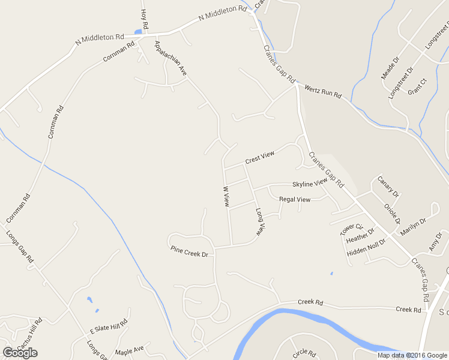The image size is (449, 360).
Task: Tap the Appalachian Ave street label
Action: (171, 58)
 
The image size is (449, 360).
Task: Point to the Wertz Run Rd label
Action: (323, 91)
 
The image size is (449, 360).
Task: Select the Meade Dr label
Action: (390, 68)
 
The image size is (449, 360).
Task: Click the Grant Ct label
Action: (417, 87)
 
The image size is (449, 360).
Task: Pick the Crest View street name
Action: (259, 158)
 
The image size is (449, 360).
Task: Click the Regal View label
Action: (295, 199)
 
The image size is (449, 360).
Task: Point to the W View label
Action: (226, 196)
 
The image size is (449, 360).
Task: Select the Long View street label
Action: (260, 221)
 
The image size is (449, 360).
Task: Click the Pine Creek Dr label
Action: (189, 251)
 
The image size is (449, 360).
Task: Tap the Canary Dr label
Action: (388, 187)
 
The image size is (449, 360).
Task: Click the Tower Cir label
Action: (352, 229)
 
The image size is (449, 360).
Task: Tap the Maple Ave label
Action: (130, 349)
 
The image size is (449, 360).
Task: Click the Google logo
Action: (20, 353)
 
